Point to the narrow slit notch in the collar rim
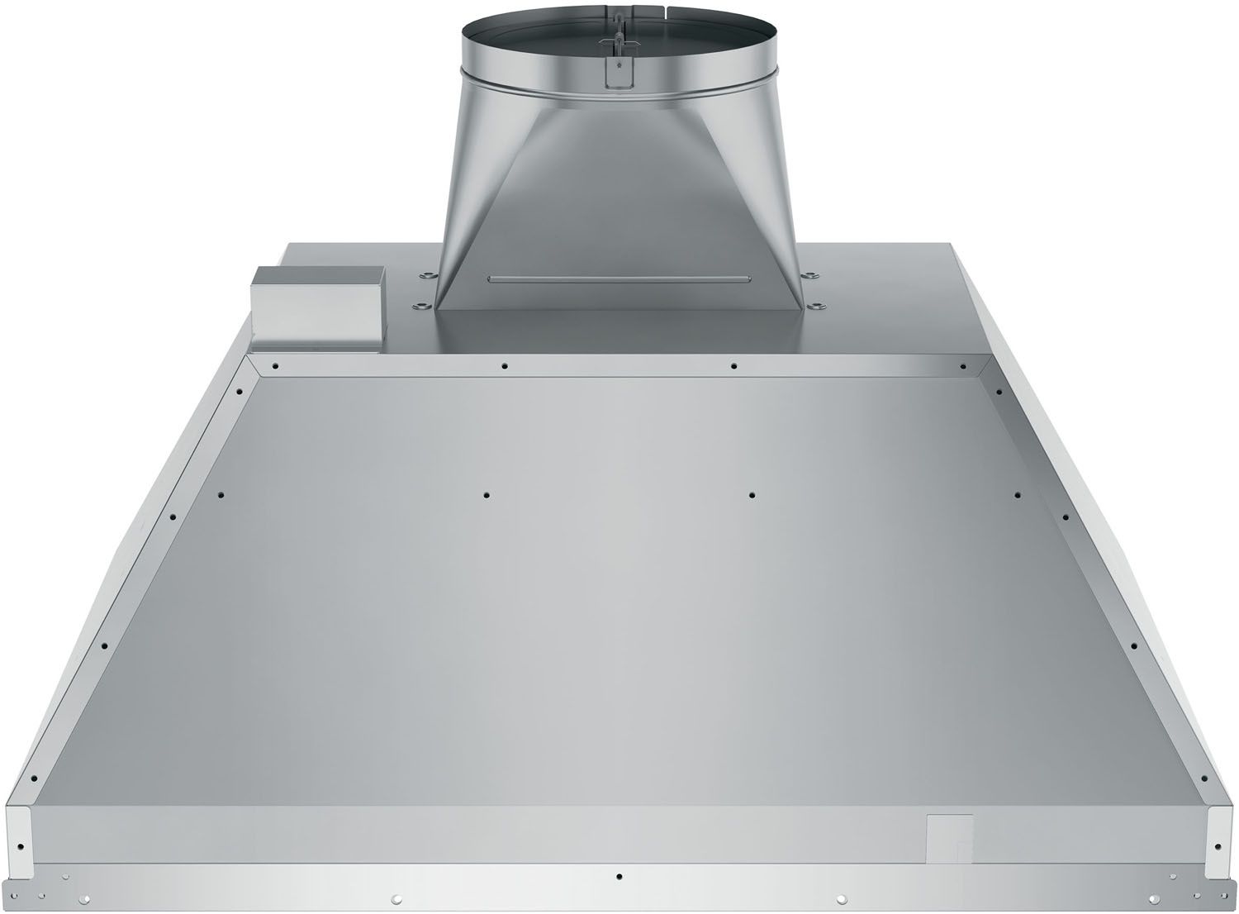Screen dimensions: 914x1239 pyautogui.click(x=641, y=11)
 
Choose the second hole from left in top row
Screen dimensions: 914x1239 pyautogui.click(x=503, y=364)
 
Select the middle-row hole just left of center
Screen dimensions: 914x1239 pyautogui.click(x=487, y=494)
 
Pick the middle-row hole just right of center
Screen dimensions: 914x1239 pyautogui.click(x=751, y=494)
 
